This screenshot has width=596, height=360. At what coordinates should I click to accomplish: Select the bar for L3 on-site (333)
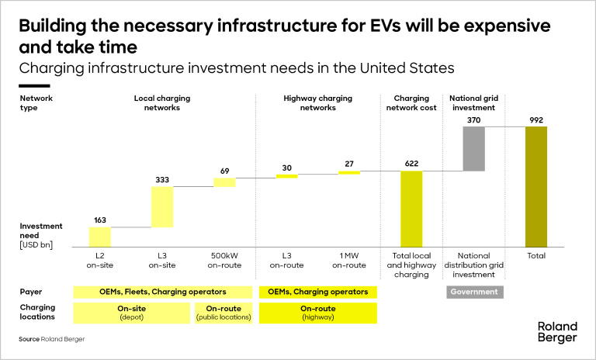coord(162,207)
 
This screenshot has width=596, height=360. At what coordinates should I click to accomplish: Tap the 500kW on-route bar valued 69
coord(224,182)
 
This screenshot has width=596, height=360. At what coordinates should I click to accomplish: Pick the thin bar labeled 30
coord(286,176)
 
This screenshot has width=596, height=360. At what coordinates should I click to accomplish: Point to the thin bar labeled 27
coord(349,172)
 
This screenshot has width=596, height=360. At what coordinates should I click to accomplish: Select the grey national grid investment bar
coord(473,148)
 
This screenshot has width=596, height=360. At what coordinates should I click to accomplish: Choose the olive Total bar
coord(536,187)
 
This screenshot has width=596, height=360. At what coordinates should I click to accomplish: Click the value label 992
coord(536,119)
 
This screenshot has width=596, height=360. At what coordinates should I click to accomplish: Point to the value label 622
coord(411,164)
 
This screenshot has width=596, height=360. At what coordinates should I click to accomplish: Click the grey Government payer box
coord(473,292)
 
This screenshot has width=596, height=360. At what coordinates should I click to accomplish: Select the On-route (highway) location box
coord(317,313)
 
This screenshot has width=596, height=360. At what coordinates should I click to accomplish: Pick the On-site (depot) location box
coord(131,313)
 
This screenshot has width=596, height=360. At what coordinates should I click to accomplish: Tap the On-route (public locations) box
coord(224,313)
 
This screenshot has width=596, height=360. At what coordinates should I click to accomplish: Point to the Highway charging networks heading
coord(317,103)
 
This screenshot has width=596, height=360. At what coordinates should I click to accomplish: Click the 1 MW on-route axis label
coord(349,260)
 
